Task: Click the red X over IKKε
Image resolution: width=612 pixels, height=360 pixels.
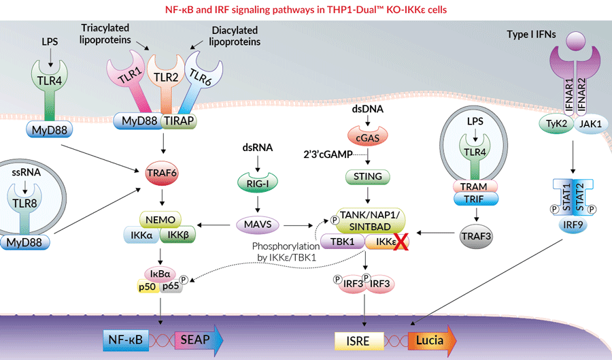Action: pyautogui.click(x=402, y=242)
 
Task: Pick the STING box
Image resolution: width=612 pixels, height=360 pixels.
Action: pyautogui.click(x=367, y=177)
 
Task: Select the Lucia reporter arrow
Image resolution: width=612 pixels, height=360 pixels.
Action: pyautogui.click(x=430, y=338)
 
